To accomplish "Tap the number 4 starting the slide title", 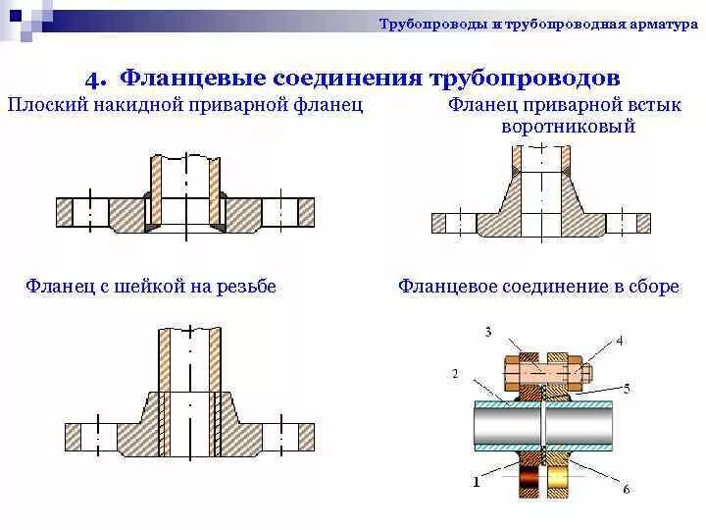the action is pos(93,78).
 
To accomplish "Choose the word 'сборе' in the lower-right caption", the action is pos(653,287).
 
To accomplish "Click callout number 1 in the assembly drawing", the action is pos(476,481).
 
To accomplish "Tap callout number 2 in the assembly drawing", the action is pos(454,373).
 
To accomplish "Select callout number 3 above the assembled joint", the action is pos(487,332).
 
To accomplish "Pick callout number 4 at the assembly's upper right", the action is pos(619,341).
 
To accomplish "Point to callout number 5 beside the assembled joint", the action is pos(626,386).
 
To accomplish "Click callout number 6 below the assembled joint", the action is pos(626,488).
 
